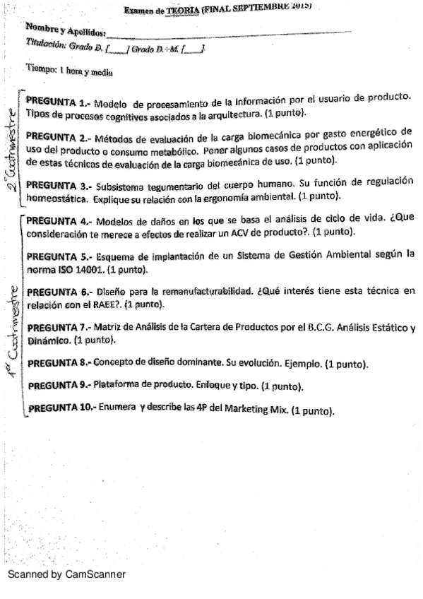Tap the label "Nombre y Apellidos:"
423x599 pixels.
coord(65,30)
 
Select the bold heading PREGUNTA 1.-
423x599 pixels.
coord(55,100)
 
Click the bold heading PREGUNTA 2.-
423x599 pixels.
coord(56,136)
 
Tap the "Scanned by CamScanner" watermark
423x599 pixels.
coord(66,574)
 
